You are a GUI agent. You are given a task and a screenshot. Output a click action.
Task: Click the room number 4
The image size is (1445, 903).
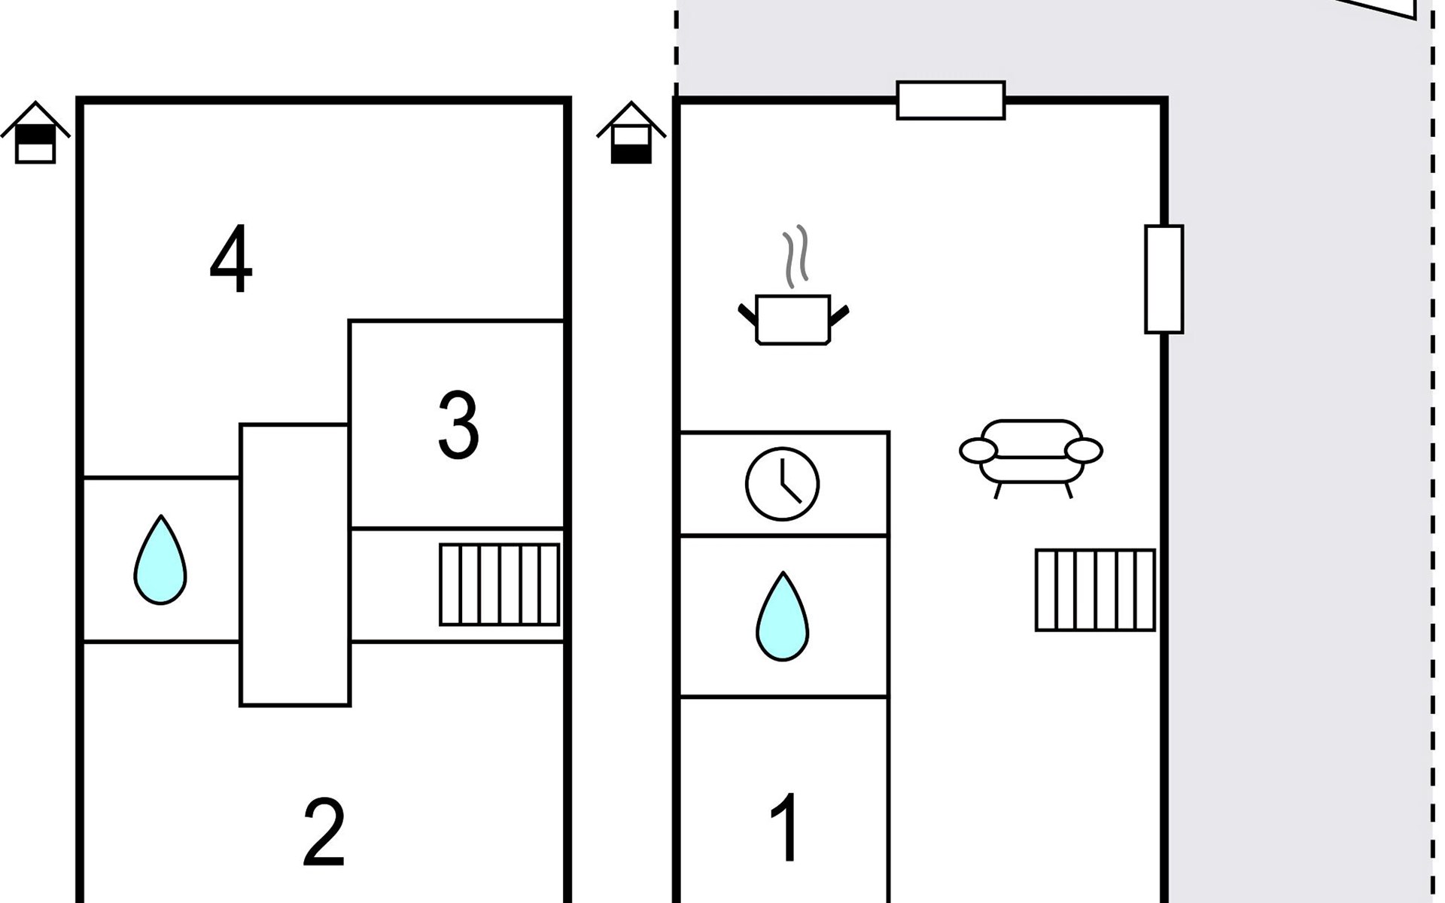pos(231,259)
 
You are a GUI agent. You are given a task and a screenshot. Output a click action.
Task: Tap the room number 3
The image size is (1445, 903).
pos(458,425)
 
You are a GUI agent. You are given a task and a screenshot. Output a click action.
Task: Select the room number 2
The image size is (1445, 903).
pos(324,833)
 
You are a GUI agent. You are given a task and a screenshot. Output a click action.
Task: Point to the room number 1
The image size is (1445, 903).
pos(785,827)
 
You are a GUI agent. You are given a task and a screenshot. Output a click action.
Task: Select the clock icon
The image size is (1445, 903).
pos(783,484)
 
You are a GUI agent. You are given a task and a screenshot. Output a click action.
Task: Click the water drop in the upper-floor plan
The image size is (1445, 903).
pos(160,561)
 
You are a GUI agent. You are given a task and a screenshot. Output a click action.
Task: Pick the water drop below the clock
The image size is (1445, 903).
pos(783,617)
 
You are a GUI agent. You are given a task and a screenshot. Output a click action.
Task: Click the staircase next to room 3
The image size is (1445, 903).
pos(500,585)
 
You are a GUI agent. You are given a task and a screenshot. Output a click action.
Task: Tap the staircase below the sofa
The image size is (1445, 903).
pos(1096,590)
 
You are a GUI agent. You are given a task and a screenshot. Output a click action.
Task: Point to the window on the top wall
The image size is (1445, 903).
pos(951,100)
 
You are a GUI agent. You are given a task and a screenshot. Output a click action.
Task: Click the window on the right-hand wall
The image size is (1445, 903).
pos(1164,279)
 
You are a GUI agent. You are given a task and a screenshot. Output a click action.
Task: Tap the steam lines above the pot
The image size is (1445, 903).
pos(796,257)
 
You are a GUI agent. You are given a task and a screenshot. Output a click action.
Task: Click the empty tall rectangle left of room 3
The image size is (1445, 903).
pos(295,565)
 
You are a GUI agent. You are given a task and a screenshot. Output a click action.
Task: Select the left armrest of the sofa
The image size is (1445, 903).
pos(978,451)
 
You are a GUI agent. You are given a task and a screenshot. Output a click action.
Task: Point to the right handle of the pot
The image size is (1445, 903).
pos(838,315)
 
